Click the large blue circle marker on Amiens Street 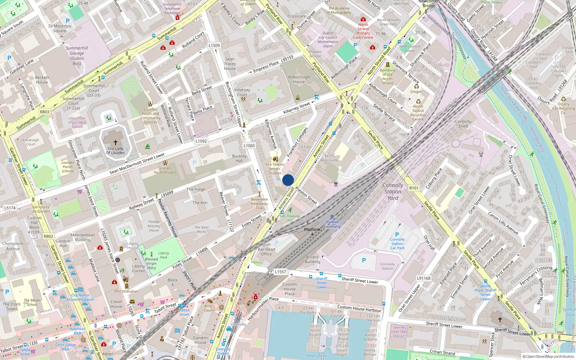pos(288,180)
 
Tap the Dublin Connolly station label pos(332,224)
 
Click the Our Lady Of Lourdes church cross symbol pos(115,143)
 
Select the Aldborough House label pos(298,79)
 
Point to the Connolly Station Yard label pos(393,191)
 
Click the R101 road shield pos(414,188)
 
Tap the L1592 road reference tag pos(201,141)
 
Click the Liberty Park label pos(163,255)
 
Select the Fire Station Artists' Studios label pos(275,168)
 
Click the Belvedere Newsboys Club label pos(259,203)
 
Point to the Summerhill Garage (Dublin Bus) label pos(77,55)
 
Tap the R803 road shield pos(45,112)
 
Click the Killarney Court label pos(242,93)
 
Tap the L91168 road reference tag pos(424,278)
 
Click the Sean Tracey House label pos(230,64)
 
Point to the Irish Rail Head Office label pos(266,249)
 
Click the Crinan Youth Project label pos(165,170)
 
